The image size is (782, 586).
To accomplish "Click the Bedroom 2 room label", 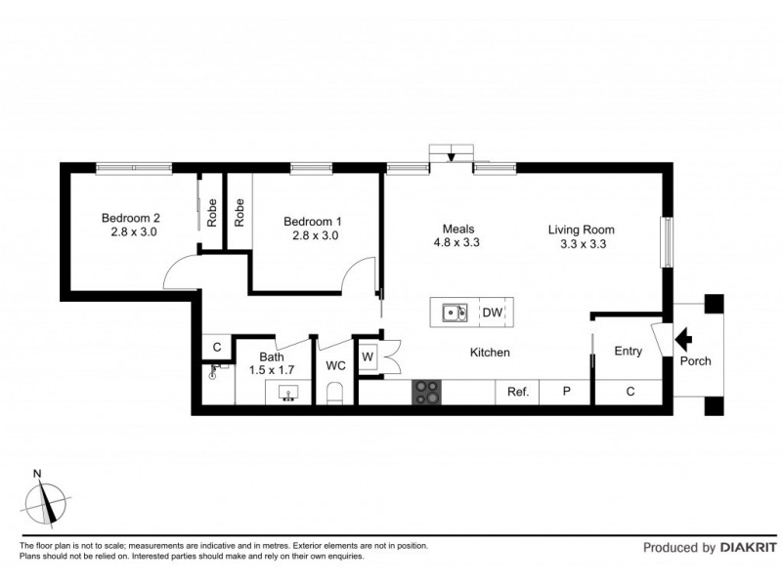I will (130, 219).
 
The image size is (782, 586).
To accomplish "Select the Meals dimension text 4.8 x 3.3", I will (456, 243).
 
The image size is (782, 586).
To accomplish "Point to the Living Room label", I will (581, 230).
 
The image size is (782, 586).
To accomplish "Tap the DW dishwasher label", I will (492, 314).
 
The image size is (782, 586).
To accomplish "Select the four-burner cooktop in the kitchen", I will (427, 392).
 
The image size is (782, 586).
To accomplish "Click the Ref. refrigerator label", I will (517, 393).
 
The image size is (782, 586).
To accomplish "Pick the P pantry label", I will (566, 393).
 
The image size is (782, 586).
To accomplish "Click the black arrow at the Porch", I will (684, 339).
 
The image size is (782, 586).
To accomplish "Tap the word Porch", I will (696, 361).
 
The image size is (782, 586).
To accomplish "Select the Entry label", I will (627, 352).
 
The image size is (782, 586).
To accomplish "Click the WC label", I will (335, 366).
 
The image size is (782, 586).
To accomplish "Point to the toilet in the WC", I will (335, 394).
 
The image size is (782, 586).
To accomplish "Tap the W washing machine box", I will (368, 356).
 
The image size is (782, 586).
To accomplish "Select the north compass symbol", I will (46, 503).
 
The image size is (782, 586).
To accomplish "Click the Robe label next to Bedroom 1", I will (239, 212).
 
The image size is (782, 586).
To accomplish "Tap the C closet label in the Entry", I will (630, 393).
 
